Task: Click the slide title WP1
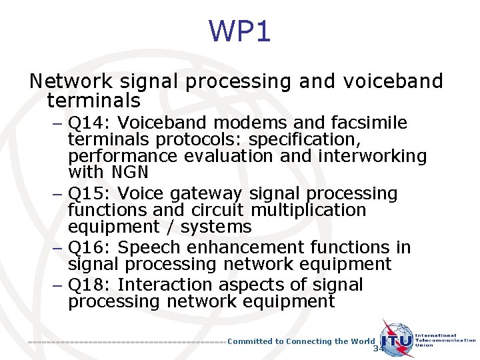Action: pyautogui.click(x=240, y=31)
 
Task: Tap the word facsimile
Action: pyautogui.click(x=369, y=123)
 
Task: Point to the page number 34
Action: pyautogui.click(x=379, y=349)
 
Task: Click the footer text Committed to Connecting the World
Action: pyautogui.click(x=301, y=341)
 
